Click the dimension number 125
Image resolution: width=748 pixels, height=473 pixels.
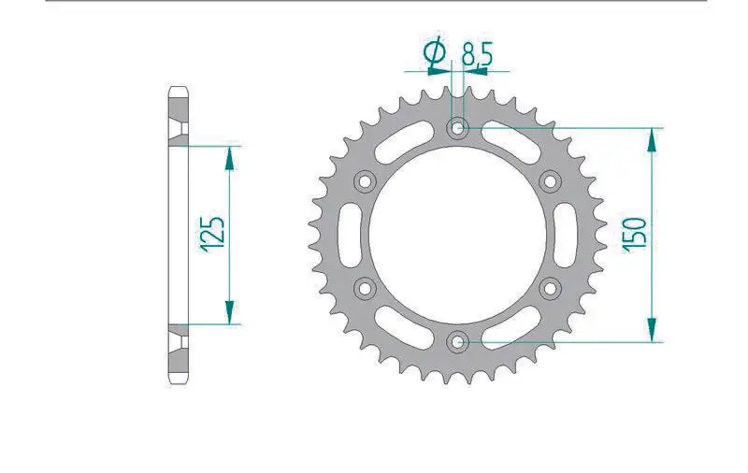[x=211, y=234]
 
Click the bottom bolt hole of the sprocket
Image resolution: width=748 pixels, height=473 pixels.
[x=457, y=341]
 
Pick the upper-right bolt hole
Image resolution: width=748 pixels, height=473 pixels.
[x=549, y=180]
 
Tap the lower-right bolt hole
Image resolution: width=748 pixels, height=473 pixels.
[x=549, y=287]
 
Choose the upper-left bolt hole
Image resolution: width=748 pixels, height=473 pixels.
[x=365, y=180]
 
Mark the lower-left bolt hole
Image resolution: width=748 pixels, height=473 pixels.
[x=365, y=287]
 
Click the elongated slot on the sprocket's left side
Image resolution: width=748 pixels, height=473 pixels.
[x=344, y=234]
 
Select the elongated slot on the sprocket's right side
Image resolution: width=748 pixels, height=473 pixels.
[x=569, y=234]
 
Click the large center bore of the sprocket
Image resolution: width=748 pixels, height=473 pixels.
[x=457, y=234]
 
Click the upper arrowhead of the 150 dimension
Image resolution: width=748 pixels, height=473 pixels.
[x=652, y=136]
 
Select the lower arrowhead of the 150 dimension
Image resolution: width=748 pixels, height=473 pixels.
[x=652, y=333]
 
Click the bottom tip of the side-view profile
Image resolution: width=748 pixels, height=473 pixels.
[x=179, y=383]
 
